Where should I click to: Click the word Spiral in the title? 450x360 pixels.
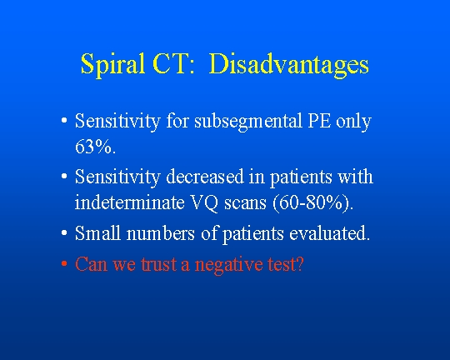tap(112, 65)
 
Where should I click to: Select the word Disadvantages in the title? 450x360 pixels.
tap(288, 65)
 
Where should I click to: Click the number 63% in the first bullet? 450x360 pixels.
tap(96, 147)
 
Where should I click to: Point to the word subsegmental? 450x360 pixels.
tap(248, 122)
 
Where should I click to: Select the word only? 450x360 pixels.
tap(353, 122)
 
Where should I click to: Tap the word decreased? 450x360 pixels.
tap(205, 177)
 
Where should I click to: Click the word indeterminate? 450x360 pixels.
tap(129, 202)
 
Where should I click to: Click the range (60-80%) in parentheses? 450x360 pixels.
tap(312, 203)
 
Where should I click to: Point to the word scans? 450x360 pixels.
tap(245, 204)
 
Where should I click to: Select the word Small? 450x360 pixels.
tap(97, 232)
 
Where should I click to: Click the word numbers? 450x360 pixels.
tap(161, 232)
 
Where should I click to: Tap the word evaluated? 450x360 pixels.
tap(329, 232)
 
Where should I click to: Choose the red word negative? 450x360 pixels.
tap(228, 265)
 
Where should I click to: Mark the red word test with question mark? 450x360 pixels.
tap(286, 264)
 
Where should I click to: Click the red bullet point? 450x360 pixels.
tap(64, 263)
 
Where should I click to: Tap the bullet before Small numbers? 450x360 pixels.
tap(64, 233)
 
